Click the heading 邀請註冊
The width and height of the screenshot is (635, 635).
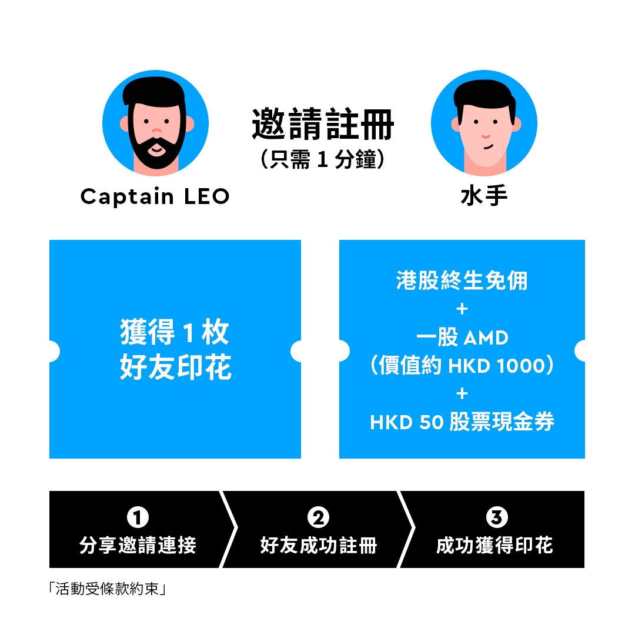(323, 124)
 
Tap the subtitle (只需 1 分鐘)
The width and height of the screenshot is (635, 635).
(323, 159)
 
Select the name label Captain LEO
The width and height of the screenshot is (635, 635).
(155, 197)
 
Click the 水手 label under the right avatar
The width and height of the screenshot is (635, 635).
(484, 196)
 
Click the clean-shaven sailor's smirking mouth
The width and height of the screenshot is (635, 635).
(489, 146)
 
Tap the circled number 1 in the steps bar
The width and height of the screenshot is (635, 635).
(138, 517)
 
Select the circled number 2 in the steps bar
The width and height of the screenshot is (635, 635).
(318, 517)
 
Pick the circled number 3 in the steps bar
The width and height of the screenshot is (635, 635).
(496, 517)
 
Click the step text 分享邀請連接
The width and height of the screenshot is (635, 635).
(138, 545)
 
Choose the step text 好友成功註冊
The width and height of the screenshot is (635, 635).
(319, 545)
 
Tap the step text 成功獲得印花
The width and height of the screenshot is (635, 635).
(494, 545)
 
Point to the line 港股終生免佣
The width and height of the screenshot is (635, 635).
(462, 280)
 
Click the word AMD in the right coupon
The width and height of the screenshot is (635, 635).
(486, 337)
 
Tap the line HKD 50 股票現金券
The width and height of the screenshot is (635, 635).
(462, 422)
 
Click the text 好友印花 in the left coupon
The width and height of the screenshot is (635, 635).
(176, 367)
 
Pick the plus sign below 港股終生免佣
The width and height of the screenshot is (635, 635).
(462, 309)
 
